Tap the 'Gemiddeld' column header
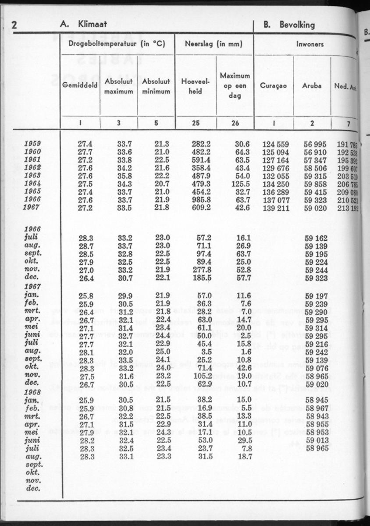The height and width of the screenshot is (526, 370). [80, 86]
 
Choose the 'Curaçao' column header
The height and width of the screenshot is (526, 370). [274, 86]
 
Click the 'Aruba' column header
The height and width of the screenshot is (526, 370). [312, 86]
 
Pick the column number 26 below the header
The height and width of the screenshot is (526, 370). [235, 123]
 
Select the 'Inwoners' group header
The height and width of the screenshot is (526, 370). [310, 44]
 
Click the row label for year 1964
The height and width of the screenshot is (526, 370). [32, 184]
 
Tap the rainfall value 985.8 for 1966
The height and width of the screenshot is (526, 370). [201, 200]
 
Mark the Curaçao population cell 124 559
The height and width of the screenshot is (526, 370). [275, 144]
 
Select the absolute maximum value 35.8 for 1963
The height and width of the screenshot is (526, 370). [125, 176]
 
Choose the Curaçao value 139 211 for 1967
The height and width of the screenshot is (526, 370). [275, 208]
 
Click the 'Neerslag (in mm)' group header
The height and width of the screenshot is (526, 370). [214, 44]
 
